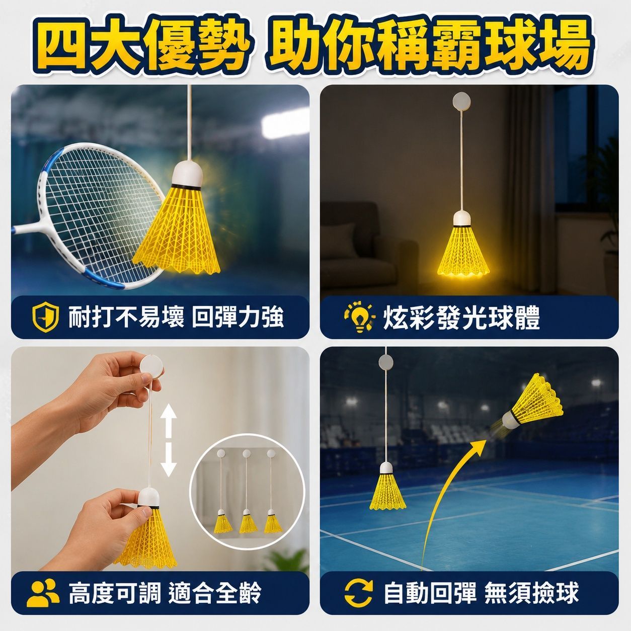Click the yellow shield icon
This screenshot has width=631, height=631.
[45, 318]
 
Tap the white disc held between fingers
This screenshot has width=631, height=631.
[151, 367]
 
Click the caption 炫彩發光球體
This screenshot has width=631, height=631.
[461, 318]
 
